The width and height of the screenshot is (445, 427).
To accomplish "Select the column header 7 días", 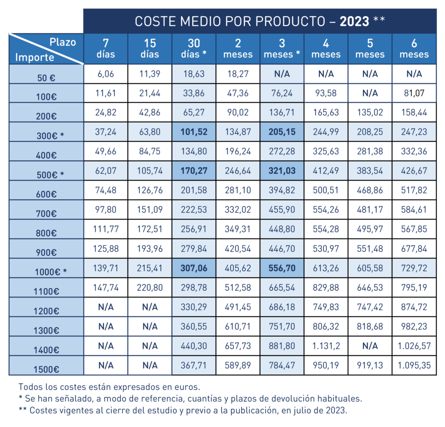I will (x=106, y=49).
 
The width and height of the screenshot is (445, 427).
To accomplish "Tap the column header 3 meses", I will (x=282, y=49).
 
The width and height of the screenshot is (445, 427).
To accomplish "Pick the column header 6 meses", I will (x=414, y=49).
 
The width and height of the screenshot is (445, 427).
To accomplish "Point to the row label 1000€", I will (x=50, y=271).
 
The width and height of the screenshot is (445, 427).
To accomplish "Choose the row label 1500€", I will (x=46, y=370).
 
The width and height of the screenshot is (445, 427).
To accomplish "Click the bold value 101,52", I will (x=194, y=132).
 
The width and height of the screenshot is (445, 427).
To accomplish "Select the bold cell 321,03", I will (x=282, y=171).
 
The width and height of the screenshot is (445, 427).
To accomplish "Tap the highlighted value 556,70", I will (x=282, y=268).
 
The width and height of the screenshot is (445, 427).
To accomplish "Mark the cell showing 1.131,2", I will (x=326, y=346).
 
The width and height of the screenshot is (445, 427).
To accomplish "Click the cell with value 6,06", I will (x=106, y=74).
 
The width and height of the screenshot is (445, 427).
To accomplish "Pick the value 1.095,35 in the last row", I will (x=414, y=365).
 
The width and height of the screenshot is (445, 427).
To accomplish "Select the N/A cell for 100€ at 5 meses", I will (x=370, y=93).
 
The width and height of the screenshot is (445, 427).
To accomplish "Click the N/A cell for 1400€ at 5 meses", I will (x=370, y=346).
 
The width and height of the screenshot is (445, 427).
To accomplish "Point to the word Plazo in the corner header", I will (x=63, y=42).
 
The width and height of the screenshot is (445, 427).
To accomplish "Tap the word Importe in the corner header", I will (x=35, y=57).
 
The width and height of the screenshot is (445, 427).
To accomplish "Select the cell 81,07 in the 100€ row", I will (x=414, y=93).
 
